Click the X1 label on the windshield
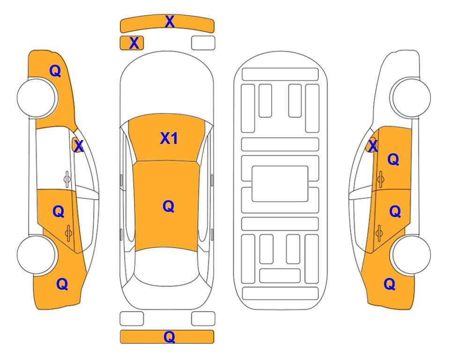click(x=169, y=139)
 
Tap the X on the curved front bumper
click(x=170, y=22)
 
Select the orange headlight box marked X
click(x=132, y=43)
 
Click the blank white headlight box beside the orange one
click(x=203, y=43)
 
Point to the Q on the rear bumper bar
click(x=169, y=337)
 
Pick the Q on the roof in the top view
click(x=169, y=206)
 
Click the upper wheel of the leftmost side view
click(x=37, y=98)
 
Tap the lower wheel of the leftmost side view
click(x=36, y=255)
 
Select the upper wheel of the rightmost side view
click(x=411, y=97)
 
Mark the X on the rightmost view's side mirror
click(x=373, y=146)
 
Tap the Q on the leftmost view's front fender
click(x=55, y=71)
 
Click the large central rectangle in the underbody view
click(x=280, y=184)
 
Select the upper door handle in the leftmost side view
click(x=67, y=179)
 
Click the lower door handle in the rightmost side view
click(x=379, y=233)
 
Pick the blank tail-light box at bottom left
click(x=132, y=319)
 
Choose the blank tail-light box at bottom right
click(x=203, y=319)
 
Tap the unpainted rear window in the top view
click(x=167, y=266)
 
